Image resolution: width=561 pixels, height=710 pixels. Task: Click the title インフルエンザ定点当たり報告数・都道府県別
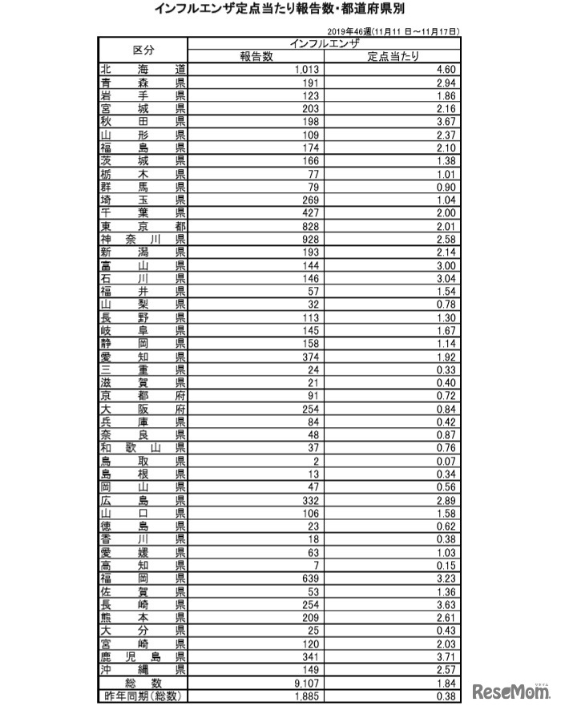[280, 10]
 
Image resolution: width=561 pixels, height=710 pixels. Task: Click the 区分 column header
[143, 49]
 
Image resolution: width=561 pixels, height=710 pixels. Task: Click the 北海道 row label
[143, 69]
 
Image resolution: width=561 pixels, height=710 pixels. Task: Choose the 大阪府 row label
[143, 409]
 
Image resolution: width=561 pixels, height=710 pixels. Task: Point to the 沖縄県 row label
[143, 669]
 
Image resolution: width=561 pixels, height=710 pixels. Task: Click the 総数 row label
[143, 683]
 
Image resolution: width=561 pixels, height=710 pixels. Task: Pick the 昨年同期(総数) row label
[143, 696]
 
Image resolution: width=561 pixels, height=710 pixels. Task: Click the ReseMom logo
[513, 690]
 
